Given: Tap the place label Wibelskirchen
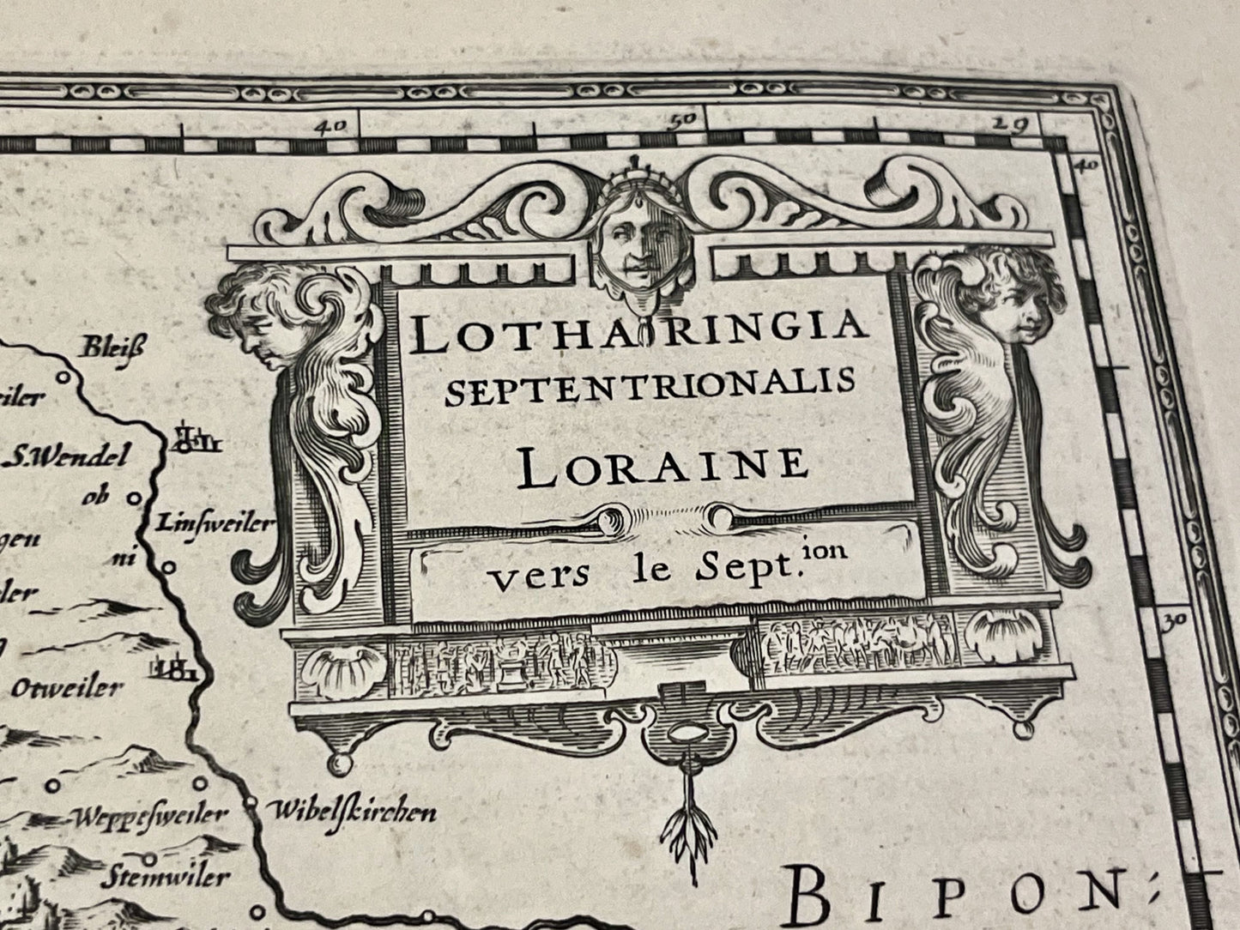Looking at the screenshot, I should tap(351, 811).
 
